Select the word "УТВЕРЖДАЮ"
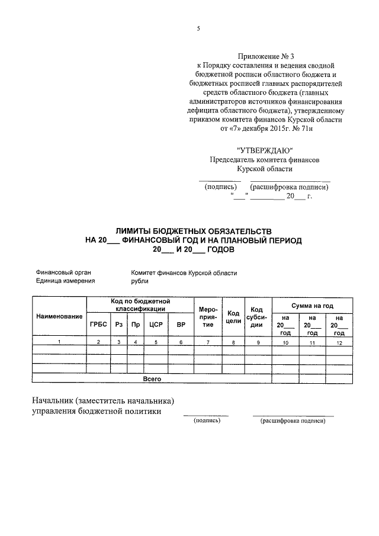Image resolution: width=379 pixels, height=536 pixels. (264, 150)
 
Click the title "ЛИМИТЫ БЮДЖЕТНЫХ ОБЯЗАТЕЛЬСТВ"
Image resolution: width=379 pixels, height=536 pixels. (194, 230)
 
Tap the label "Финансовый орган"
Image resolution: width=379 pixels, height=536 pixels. (63, 272)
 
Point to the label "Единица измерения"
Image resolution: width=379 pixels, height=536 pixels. (65, 281)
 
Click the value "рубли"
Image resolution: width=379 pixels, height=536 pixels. (140, 281)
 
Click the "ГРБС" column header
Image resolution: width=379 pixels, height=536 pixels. (98, 324)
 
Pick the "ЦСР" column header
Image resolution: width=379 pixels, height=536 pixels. (156, 324)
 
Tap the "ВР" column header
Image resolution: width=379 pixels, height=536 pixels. (181, 324)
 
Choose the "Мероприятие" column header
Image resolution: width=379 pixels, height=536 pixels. (208, 317)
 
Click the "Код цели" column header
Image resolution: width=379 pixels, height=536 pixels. (233, 317)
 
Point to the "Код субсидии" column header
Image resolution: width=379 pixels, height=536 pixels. (256, 317)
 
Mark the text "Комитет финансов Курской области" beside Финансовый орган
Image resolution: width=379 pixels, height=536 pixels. (184, 272)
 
